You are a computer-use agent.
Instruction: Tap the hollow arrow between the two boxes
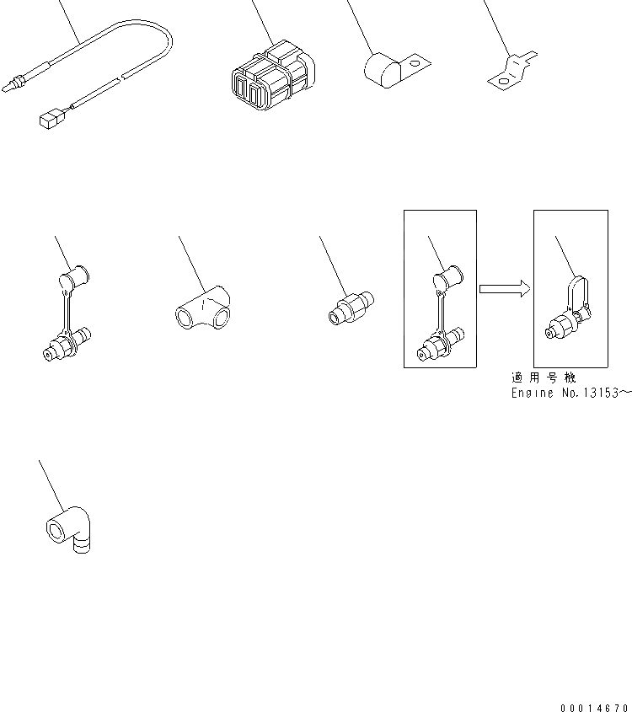[504, 289]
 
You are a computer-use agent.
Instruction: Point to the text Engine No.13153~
[570, 393]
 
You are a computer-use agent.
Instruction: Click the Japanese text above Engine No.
[546, 377]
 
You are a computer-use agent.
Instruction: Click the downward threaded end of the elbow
[82, 545]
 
